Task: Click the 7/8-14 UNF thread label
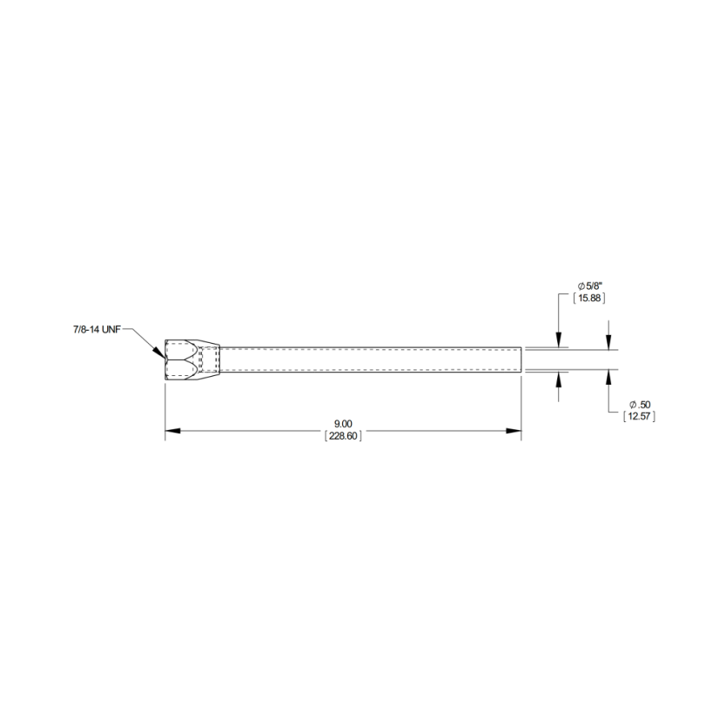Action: pyautogui.click(x=97, y=329)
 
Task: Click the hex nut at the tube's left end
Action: pyautogui.click(x=182, y=360)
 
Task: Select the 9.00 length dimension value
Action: pyautogui.click(x=343, y=424)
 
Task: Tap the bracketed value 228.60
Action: pyautogui.click(x=343, y=435)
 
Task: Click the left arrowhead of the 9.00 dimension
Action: pyautogui.click(x=172, y=431)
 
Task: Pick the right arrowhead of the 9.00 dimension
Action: pyautogui.click(x=514, y=431)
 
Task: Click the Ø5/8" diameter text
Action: pyautogui.click(x=589, y=286)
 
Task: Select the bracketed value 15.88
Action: pyautogui.click(x=589, y=298)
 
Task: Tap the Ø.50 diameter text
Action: pyautogui.click(x=640, y=405)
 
